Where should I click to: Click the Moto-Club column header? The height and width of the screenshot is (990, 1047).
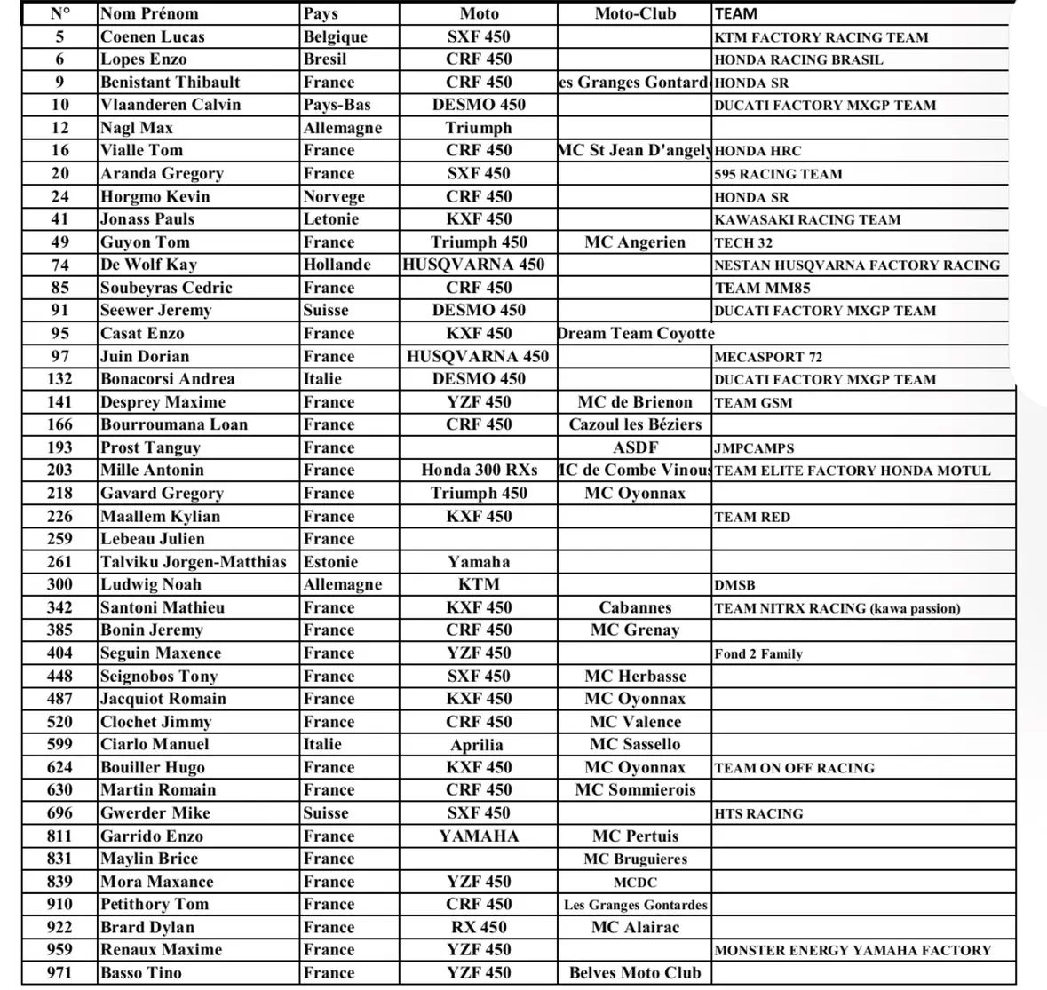[635, 13]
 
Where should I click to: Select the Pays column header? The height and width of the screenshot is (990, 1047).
[320, 13]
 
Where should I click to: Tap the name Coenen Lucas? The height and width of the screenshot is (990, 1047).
[152, 36]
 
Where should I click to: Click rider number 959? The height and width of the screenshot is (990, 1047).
[59, 950]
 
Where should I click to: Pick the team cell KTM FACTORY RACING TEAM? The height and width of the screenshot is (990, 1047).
[821, 37]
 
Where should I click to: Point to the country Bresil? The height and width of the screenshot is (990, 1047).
[325, 59]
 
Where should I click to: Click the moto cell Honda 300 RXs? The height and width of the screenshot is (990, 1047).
[479, 471]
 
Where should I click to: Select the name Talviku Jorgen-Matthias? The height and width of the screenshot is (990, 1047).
[194, 562]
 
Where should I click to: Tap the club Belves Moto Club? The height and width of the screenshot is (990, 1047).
[635, 973]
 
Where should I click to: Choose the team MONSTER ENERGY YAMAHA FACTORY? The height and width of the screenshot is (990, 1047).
[853, 950]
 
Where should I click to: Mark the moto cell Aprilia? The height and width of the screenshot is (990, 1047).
[477, 745]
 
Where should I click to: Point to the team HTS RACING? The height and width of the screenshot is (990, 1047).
[758, 813]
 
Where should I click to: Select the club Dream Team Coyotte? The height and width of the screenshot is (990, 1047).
[635, 334]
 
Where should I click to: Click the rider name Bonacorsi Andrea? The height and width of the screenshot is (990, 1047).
[168, 379]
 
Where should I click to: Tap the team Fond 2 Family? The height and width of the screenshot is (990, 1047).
[758, 654]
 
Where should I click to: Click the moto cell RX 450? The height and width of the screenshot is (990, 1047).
[479, 927]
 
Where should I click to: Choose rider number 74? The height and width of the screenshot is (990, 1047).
[59, 265]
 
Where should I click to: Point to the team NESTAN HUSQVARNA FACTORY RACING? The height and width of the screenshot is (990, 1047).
[856, 265]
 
